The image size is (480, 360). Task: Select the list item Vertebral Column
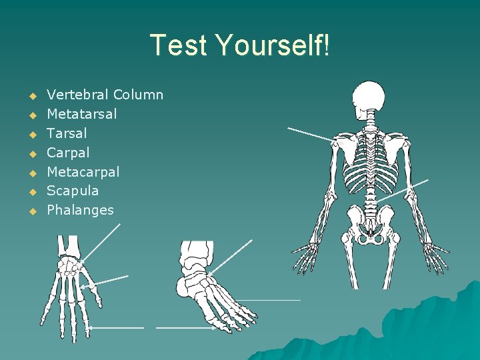(x=105, y=95)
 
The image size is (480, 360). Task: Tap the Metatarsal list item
(x=81, y=114)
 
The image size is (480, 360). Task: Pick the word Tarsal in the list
(x=67, y=133)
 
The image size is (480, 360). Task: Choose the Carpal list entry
(x=68, y=153)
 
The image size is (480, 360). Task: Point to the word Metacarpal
(x=83, y=172)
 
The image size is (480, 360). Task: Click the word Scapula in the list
(x=73, y=191)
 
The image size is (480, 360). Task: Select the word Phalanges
(x=80, y=210)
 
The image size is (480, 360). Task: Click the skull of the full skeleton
(x=368, y=98)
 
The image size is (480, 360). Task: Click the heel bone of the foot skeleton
(x=185, y=287)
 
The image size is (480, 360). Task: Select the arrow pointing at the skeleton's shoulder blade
(x=309, y=133)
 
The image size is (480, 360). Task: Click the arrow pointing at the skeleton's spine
(x=403, y=190)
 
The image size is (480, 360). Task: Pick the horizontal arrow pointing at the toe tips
(x=185, y=327)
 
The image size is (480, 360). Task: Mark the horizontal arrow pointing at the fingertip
(x=117, y=327)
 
